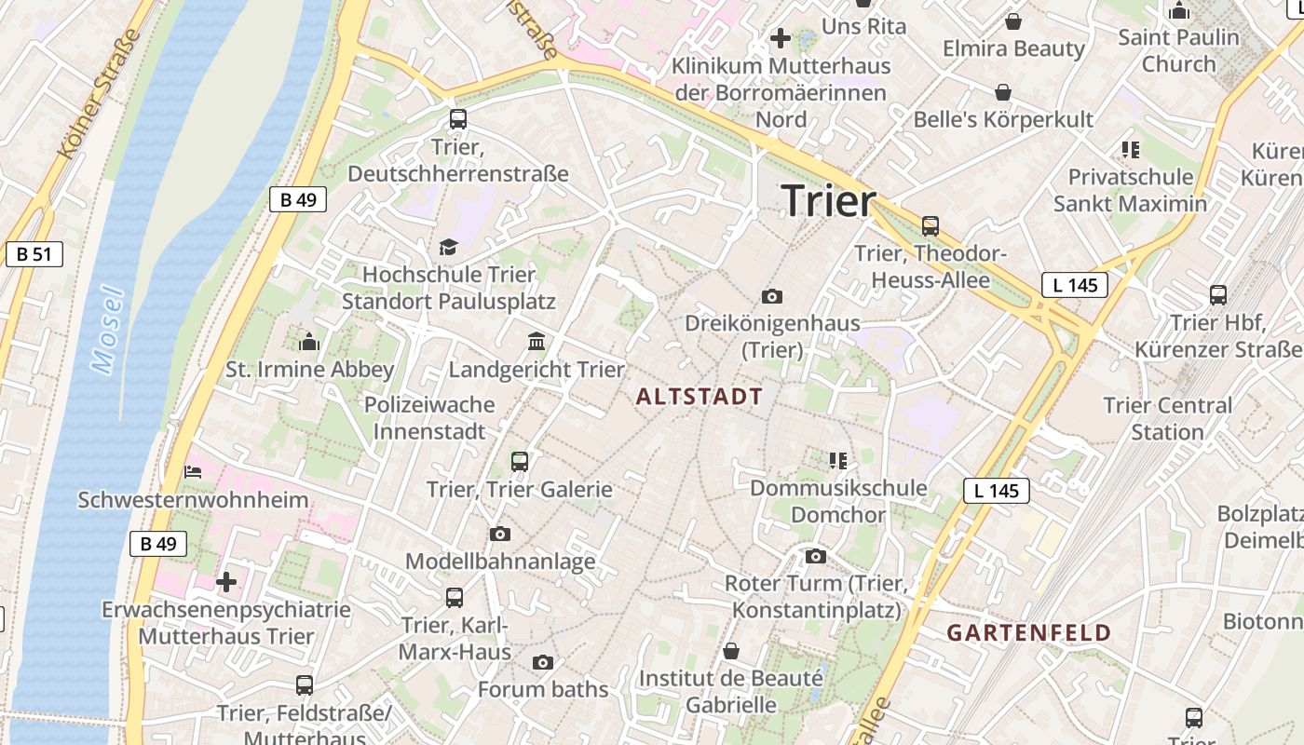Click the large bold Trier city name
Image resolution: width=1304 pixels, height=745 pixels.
pos(829,201)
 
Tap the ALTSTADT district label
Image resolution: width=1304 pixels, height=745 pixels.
pos(700,397)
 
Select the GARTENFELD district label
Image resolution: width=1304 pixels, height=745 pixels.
pos(1029,633)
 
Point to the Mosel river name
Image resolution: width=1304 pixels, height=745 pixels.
pos(108,331)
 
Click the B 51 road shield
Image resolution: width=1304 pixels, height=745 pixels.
pos(34,254)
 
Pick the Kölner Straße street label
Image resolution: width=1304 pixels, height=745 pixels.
pos(98,93)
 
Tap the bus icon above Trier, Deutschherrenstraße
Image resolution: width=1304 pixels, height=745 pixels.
pos(457,119)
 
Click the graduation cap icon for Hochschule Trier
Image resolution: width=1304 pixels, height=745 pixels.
pos(449,247)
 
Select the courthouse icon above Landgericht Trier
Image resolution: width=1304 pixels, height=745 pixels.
pos(537,342)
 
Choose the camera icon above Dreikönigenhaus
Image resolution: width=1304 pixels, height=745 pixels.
pos(772,296)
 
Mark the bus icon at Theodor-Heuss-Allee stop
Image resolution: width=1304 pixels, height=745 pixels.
pos(930,225)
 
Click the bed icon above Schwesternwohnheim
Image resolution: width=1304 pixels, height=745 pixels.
pos(193,472)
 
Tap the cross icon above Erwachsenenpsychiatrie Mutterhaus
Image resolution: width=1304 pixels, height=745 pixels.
pos(225,583)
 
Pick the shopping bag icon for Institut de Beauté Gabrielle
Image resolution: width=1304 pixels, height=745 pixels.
pos(731,650)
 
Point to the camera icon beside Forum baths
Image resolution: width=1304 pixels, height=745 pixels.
pos(543,662)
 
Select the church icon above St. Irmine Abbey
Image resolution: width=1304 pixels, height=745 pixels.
pos(309,342)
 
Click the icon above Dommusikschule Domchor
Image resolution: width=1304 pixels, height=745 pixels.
pos(838,460)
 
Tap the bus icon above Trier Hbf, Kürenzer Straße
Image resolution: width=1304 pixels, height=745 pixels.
pos(1217,295)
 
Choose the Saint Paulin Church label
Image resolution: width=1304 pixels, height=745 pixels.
pos(1179,50)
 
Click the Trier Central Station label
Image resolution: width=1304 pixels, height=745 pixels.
pos(1167,418)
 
